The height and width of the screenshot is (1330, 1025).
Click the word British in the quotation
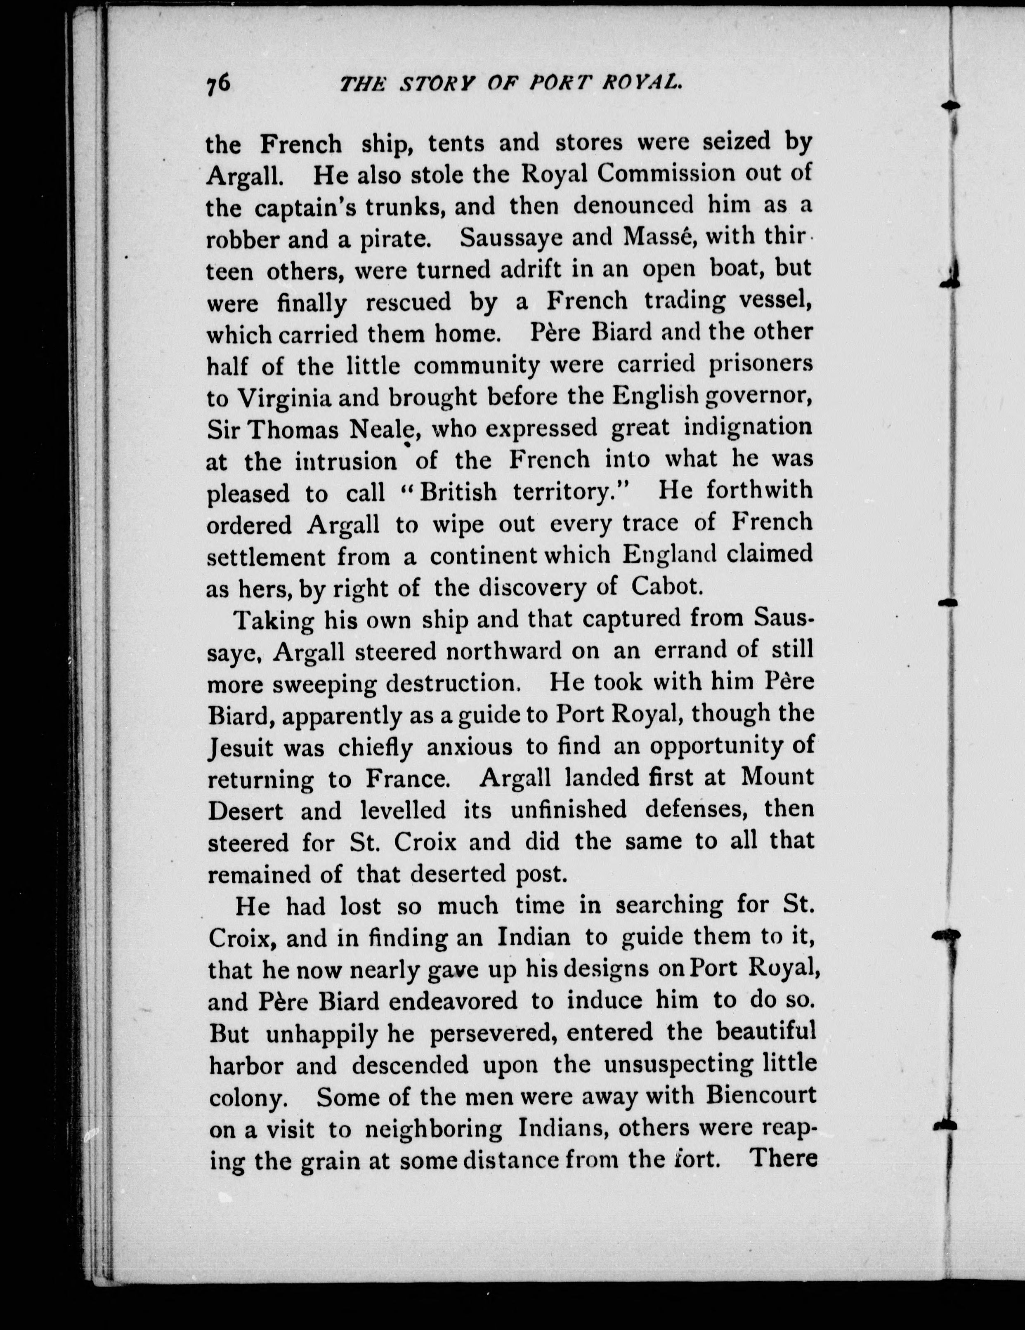(458, 493)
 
